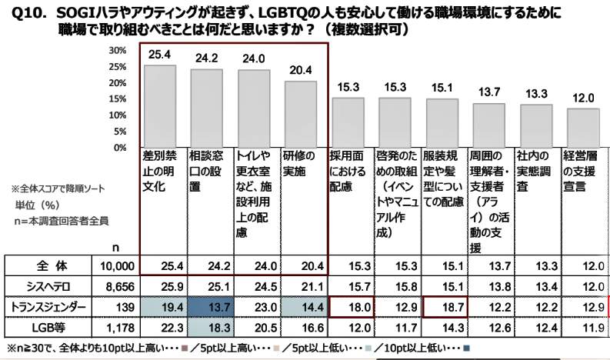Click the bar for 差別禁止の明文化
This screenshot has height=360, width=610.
[160, 105]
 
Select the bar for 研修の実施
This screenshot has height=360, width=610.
[301, 113]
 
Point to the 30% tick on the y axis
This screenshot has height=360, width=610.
[118, 50]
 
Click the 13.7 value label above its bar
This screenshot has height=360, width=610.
[488, 92]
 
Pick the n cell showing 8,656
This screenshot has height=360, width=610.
[120, 286]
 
